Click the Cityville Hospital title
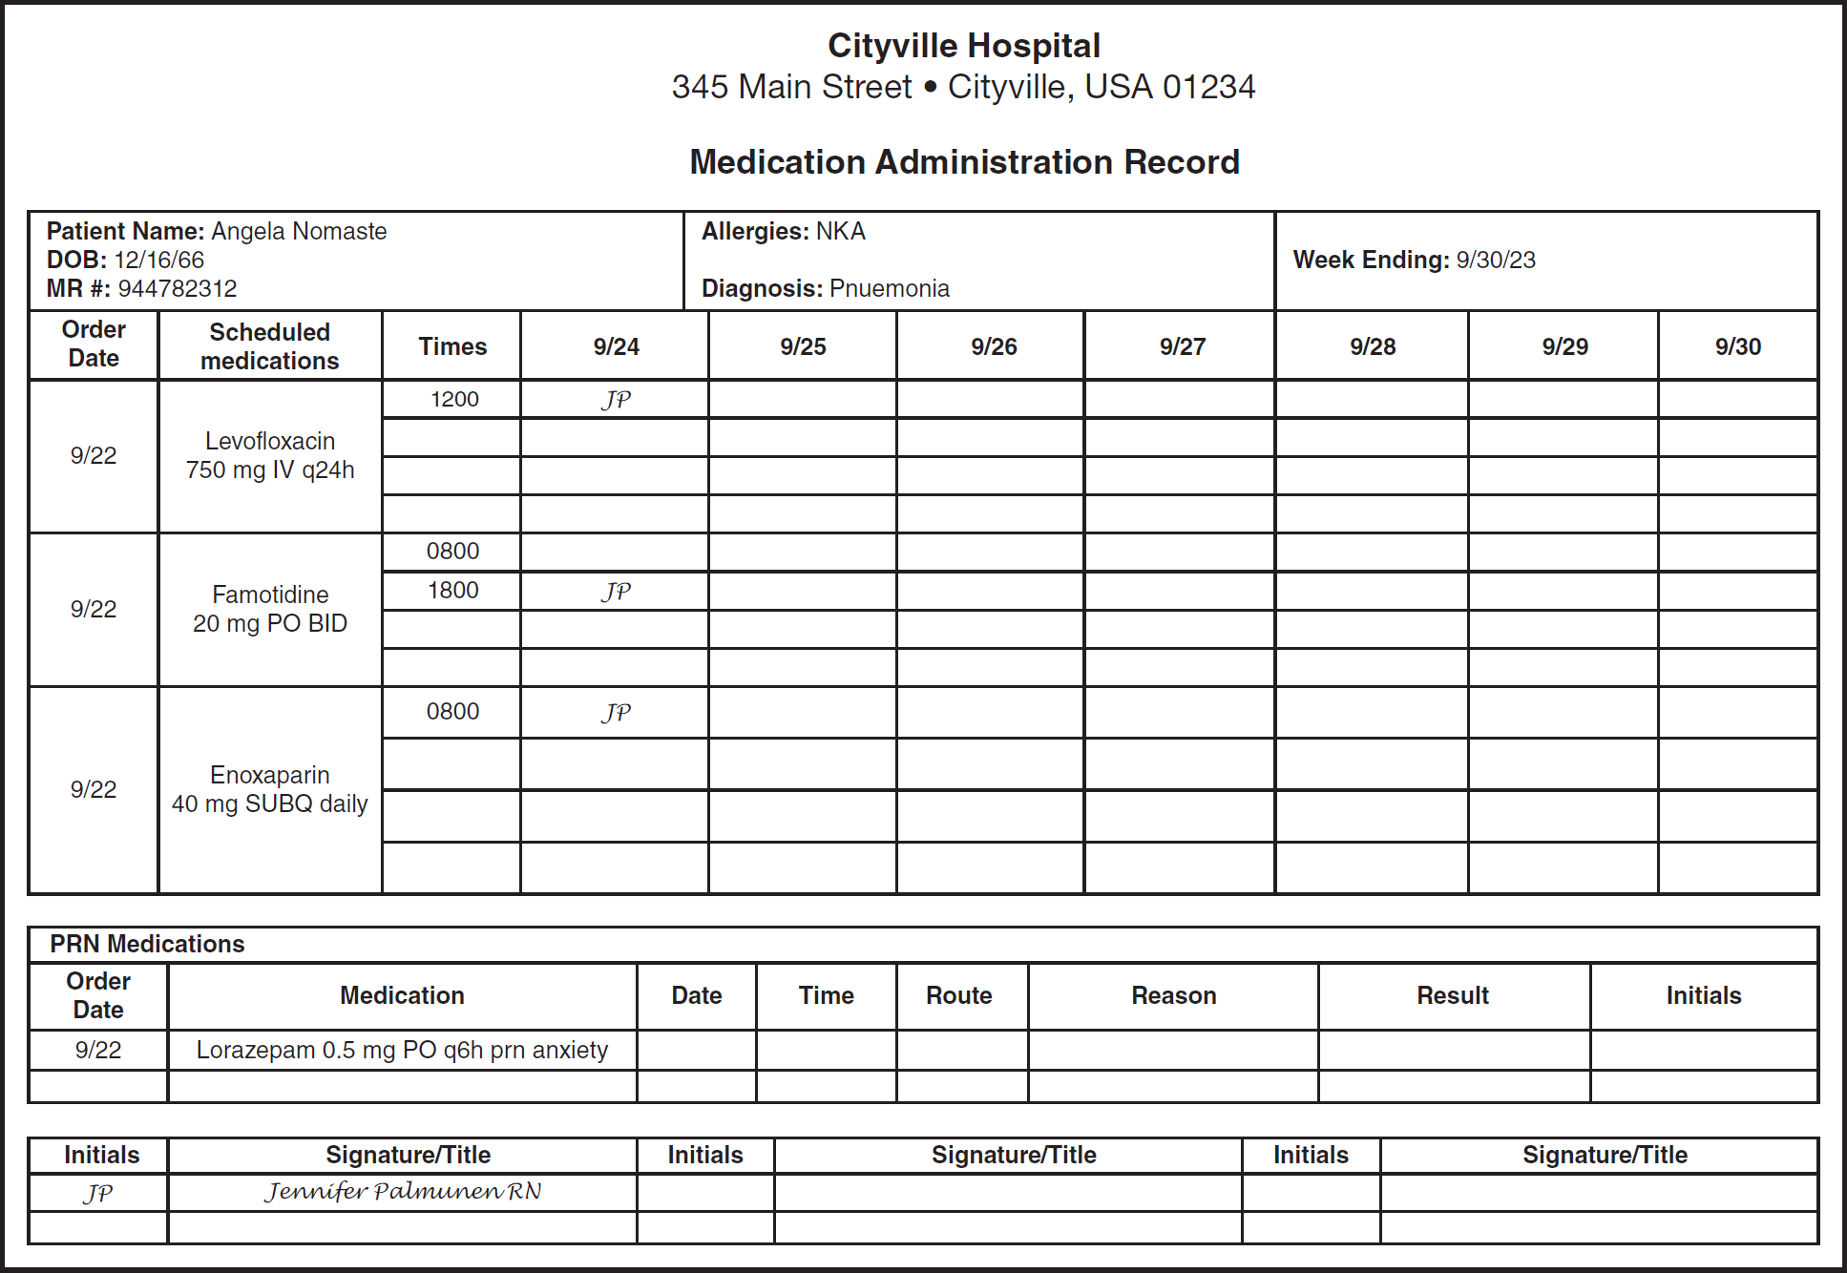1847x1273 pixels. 963,46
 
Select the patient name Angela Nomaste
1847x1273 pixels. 299,232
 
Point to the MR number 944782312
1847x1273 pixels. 178,288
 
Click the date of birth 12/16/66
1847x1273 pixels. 158,260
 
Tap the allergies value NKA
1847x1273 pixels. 840,232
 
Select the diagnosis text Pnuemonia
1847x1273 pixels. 889,288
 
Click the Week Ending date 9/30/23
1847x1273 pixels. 1495,260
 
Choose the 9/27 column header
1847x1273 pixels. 1182,346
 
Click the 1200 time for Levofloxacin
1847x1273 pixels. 453,399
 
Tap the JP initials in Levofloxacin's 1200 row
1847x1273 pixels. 616,400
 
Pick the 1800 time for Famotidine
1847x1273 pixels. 452,591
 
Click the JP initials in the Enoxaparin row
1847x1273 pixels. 616,713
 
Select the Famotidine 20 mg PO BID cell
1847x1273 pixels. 270,609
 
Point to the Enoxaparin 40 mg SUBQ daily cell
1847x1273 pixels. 270,789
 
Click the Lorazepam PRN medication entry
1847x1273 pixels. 402,1050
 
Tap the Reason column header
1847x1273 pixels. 1173,995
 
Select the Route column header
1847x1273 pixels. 958,995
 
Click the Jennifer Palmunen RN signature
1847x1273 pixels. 403,1192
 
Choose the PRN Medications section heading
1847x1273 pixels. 147,944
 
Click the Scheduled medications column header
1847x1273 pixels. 270,346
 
